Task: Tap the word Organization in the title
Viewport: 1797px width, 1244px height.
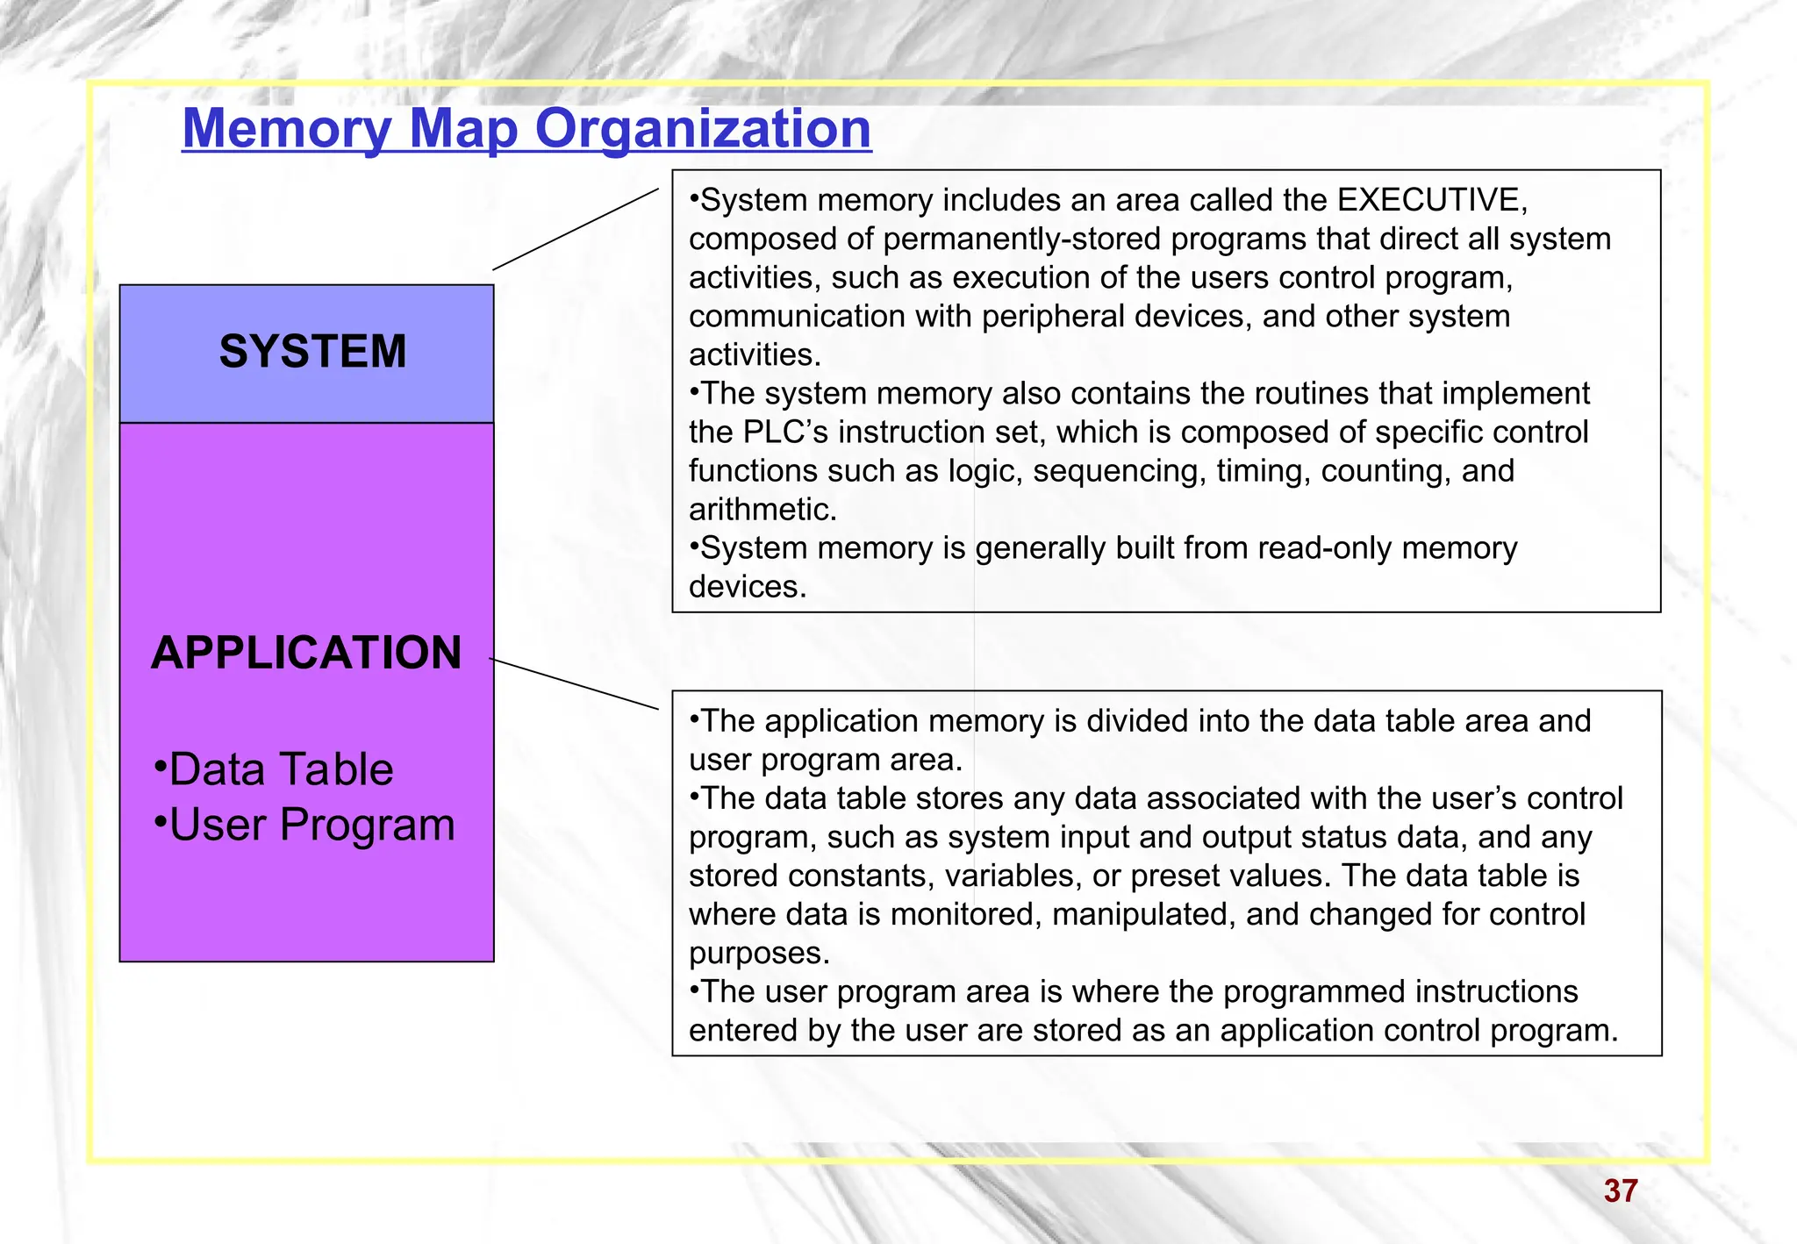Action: (703, 129)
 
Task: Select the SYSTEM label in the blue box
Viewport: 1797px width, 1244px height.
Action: (312, 352)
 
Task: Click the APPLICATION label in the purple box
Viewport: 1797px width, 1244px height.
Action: (306, 653)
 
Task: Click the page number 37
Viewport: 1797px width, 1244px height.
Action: (1620, 1190)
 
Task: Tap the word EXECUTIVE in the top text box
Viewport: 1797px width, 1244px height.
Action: (1432, 200)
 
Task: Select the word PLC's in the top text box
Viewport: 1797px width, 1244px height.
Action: (785, 432)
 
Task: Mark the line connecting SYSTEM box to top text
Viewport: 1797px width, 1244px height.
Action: (575, 229)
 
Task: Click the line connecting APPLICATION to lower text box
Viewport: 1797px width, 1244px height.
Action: (575, 683)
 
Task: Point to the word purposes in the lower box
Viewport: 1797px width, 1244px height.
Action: (758, 953)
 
